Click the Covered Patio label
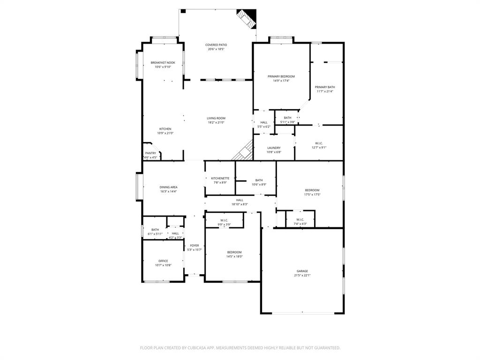216,45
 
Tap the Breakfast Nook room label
163,62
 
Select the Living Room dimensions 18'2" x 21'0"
216,122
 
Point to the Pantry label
150,153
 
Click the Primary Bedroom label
281,76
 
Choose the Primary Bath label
325,87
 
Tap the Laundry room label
274,148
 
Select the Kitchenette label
220,178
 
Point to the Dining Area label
168,187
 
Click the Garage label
302,271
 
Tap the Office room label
163,261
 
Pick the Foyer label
194,245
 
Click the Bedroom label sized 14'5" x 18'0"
234,252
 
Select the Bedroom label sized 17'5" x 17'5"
312,190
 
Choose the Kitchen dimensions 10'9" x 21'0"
165,133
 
